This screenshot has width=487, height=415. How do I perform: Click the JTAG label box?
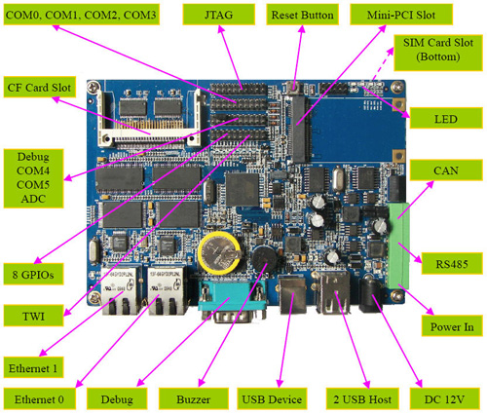pos(218,15)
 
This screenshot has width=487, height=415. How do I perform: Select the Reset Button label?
pos(302,15)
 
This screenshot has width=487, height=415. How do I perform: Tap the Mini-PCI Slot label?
pos(401,15)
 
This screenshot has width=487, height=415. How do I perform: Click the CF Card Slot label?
pos(40,87)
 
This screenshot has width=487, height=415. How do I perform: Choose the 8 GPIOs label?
pos(33,274)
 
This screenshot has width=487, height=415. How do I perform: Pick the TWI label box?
pos(33,316)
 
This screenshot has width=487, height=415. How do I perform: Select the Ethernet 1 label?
pos(33,367)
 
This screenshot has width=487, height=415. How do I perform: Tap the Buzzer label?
pos(194,398)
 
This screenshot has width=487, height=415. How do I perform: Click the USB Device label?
pos(272,398)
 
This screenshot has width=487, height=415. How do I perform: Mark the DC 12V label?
pos(445,398)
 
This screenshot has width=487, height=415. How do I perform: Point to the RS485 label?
pos(452,263)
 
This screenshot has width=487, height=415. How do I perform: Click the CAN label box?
pos(446,170)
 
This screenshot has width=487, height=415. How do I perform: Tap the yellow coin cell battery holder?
pos(219,252)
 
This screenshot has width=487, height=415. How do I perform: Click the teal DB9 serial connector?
pos(233,301)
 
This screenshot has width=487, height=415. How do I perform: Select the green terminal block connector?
pos(398,245)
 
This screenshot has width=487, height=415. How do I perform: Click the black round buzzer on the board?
pos(265,258)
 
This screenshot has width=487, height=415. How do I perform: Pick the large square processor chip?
pos(243,190)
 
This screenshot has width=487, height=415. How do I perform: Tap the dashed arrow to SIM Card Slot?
pos(383,64)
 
